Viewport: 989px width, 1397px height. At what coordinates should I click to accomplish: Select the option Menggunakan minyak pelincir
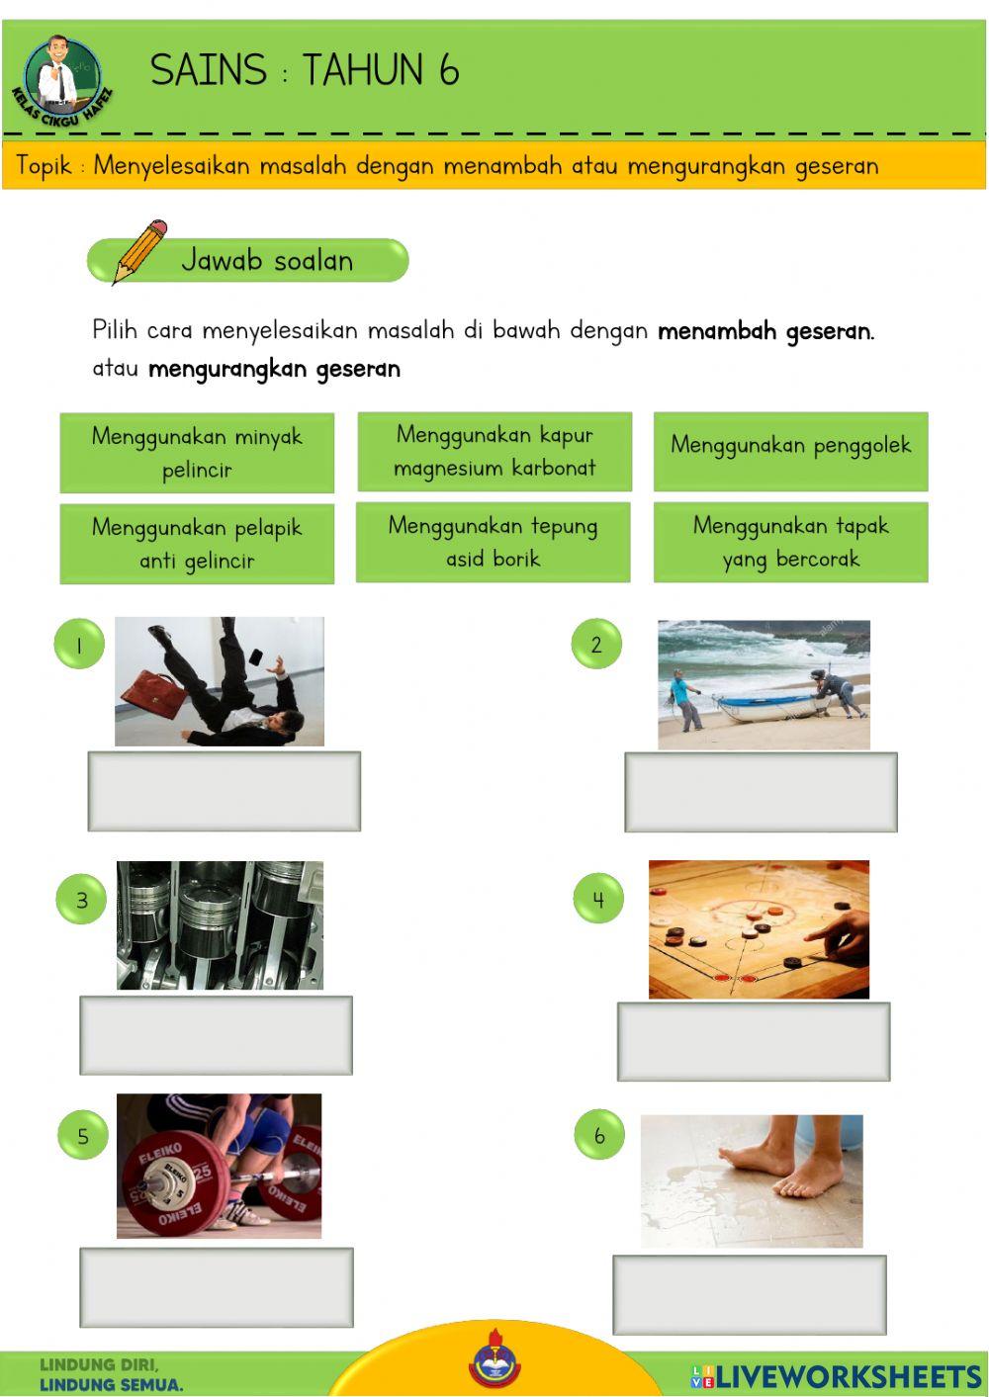coord(197,453)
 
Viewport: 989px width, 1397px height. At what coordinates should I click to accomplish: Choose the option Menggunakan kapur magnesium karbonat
coord(494,451)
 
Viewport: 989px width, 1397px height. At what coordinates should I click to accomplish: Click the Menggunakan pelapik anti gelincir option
coord(197,544)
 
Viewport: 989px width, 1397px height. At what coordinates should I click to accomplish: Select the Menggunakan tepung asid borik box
coord(493,542)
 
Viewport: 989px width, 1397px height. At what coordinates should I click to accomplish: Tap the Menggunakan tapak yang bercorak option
coord(790,542)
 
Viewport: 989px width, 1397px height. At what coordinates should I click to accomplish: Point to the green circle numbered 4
coord(598,899)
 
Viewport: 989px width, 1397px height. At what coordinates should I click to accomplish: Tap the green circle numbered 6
coord(598,1135)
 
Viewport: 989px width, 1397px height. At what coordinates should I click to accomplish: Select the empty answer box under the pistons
coord(216,1035)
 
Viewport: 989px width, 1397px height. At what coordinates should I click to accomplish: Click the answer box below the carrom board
coord(754,1041)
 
